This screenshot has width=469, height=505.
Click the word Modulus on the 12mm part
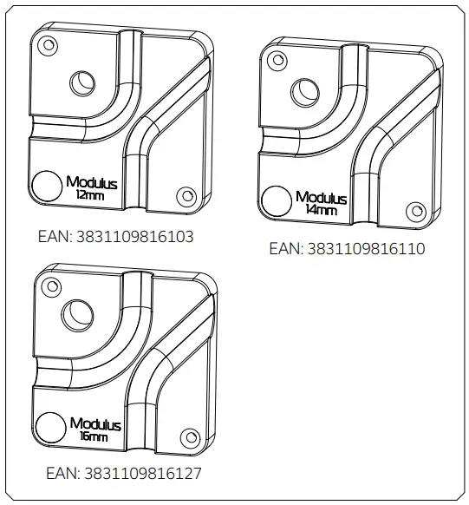tap(91, 184)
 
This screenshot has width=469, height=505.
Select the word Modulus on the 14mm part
tap(322, 198)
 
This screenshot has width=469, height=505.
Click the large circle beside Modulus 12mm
tap(43, 184)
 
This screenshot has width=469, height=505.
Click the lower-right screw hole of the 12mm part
tap(183, 195)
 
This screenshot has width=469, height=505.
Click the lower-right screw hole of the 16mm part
tap(190, 436)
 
